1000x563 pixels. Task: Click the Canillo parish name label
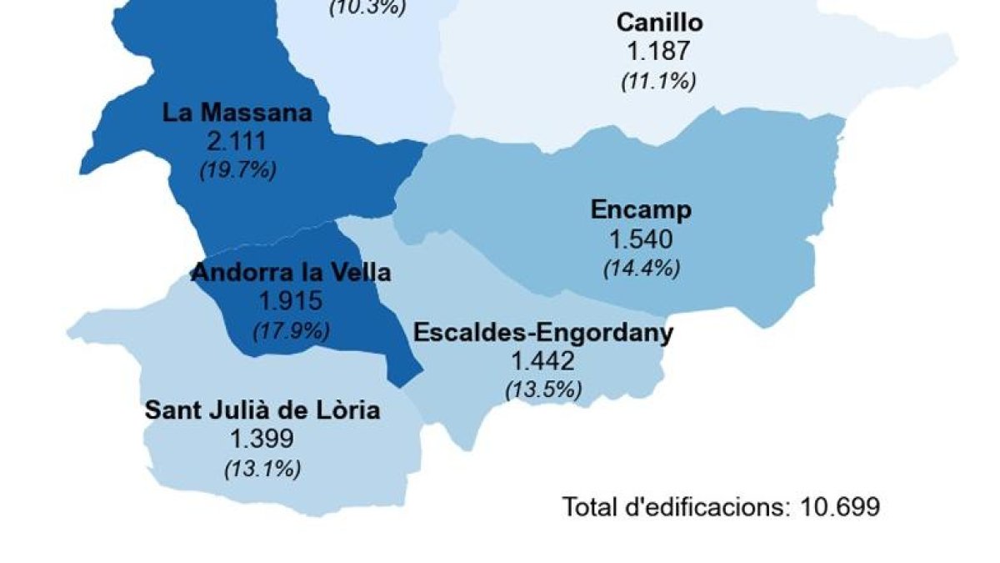pyautogui.click(x=659, y=22)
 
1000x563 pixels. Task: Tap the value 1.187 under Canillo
pyautogui.click(x=658, y=51)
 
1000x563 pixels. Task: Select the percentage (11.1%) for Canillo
pyautogui.click(x=658, y=81)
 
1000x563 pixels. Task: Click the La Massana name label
pyautogui.click(x=237, y=112)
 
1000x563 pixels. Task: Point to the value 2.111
pyautogui.click(x=237, y=141)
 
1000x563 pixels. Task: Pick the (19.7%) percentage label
pyautogui.click(x=237, y=170)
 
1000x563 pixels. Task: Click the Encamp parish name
pyautogui.click(x=641, y=209)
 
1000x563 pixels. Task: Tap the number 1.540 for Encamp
pyautogui.click(x=641, y=239)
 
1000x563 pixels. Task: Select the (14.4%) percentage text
pyautogui.click(x=641, y=269)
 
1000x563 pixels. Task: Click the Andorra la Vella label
pyautogui.click(x=292, y=272)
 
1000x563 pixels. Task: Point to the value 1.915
pyautogui.click(x=291, y=301)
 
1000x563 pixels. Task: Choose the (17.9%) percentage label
pyautogui.click(x=291, y=330)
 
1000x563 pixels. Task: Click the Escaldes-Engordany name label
pyautogui.click(x=543, y=333)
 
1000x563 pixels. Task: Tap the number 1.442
pyautogui.click(x=543, y=361)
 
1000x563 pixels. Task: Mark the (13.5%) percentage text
pyautogui.click(x=543, y=390)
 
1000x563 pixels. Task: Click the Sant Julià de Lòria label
pyautogui.click(x=262, y=410)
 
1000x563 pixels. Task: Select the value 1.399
pyautogui.click(x=262, y=439)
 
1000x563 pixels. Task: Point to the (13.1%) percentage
pyautogui.click(x=262, y=469)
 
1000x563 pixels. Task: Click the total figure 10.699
pyautogui.click(x=840, y=506)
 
